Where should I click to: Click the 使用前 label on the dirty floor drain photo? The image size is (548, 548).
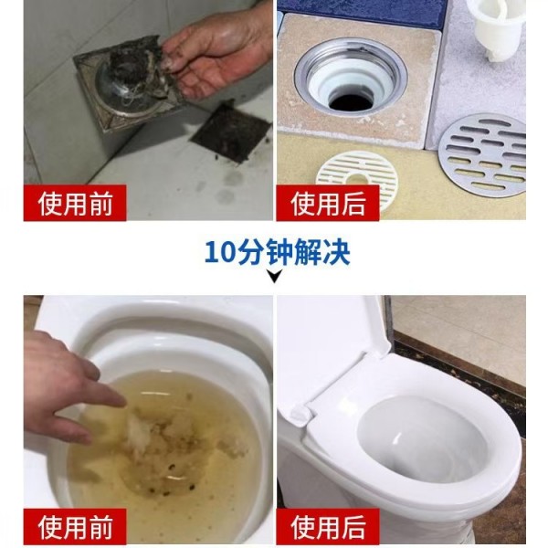coord(75,203)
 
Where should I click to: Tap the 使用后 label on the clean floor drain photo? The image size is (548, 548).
coord(328,203)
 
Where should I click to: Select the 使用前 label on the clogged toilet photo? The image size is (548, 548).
coord(75,527)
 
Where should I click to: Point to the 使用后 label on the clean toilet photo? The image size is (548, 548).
coord(328,527)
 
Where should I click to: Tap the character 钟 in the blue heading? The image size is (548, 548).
coord(279,252)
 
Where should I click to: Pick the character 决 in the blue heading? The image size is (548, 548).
coord(335,252)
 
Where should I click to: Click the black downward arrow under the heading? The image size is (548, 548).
coord(275,277)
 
